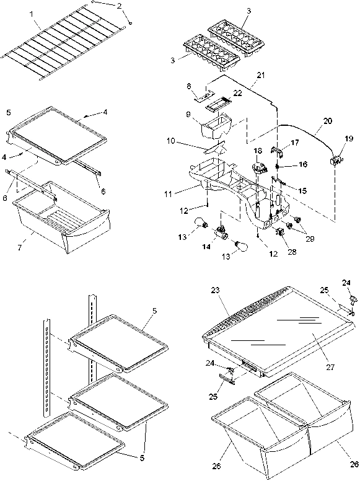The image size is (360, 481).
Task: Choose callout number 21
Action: pyautogui.click(x=261, y=75)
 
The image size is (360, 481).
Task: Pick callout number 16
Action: pyautogui.click(x=303, y=165)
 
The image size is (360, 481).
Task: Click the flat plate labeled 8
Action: pyautogui.click(x=200, y=96)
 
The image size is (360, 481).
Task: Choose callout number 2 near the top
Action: pyautogui.click(x=120, y=6)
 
